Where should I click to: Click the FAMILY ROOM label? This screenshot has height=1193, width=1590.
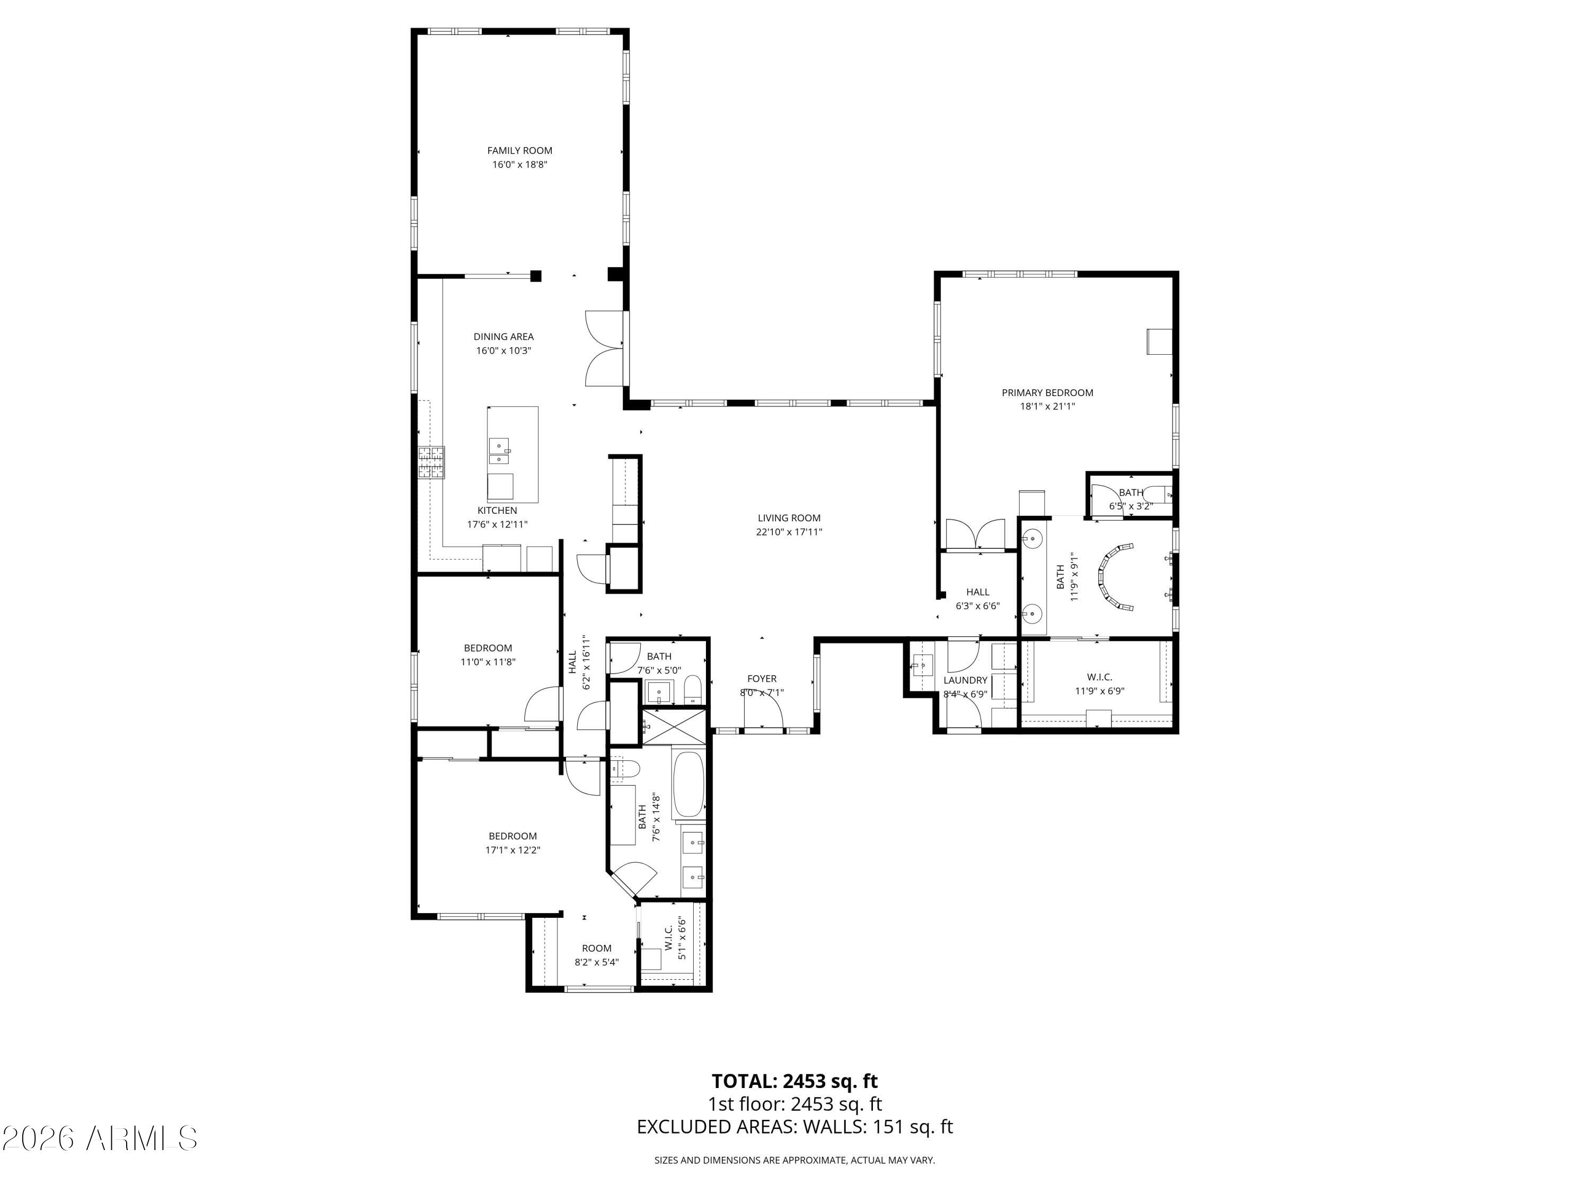coord(520,150)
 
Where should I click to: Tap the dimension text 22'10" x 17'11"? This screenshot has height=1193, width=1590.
coord(789,532)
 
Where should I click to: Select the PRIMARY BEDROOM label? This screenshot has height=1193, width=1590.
coord(1047,393)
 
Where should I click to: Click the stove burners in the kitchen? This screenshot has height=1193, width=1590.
coord(432,462)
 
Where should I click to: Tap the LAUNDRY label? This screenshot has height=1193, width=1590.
coord(965,680)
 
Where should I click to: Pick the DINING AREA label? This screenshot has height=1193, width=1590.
coord(503,337)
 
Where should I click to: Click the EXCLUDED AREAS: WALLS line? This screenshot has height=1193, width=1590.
coord(794,1127)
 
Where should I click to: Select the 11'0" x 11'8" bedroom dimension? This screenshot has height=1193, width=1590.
coord(488,662)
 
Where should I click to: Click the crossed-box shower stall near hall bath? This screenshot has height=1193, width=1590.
coord(674,726)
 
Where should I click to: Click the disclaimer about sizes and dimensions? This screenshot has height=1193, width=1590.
coord(794,1160)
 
